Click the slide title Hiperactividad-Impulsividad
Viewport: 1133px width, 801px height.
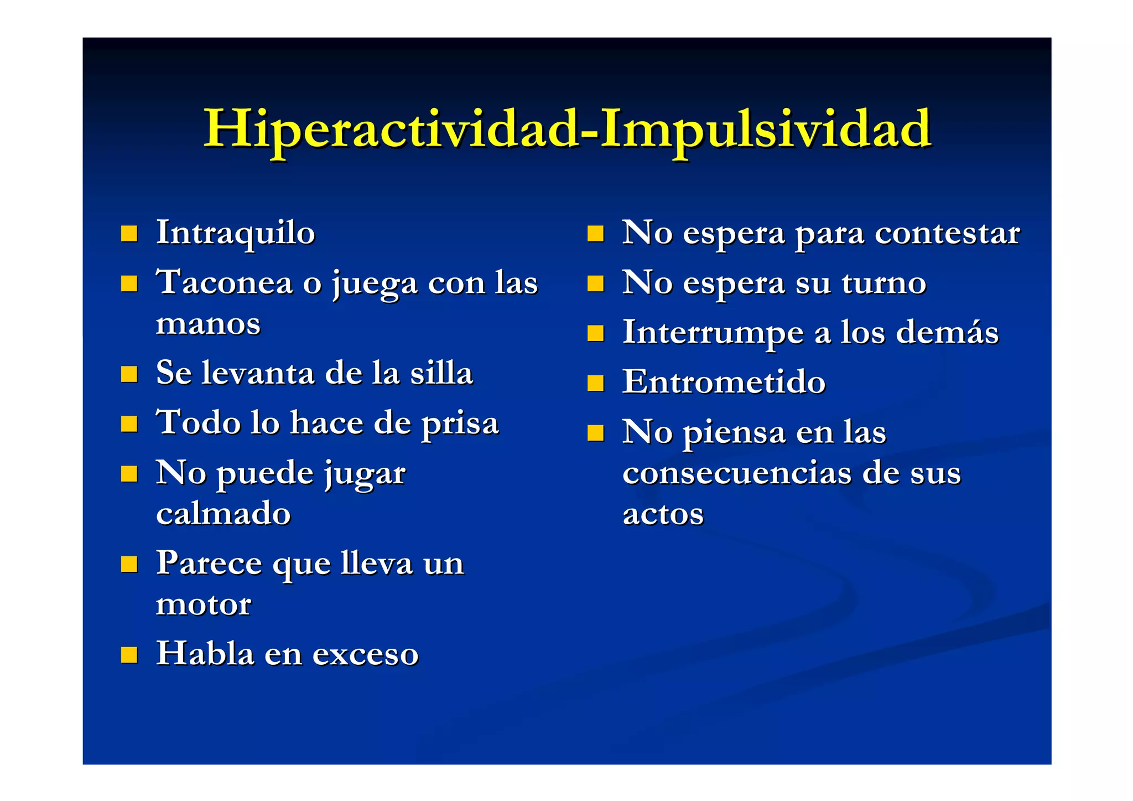[x=568, y=130]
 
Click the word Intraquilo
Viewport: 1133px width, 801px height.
[x=236, y=232]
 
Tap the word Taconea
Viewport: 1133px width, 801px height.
[x=224, y=282]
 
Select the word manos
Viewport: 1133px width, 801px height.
[x=208, y=324]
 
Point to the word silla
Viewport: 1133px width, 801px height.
[x=441, y=373]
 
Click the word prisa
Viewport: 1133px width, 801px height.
[x=460, y=423]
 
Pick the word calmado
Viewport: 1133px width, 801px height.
[x=224, y=514]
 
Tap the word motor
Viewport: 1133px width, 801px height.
[x=204, y=604]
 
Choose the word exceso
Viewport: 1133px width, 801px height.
[x=365, y=654]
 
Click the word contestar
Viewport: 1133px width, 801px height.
[x=947, y=233]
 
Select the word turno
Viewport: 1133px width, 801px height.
[x=883, y=283]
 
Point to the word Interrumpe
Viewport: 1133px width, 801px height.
[x=713, y=333]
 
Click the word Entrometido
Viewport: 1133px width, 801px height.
[x=724, y=382]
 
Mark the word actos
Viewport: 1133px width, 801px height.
[x=663, y=514]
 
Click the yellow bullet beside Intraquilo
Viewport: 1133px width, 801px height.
[x=129, y=234]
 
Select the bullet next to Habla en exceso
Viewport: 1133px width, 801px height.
[x=129, y=655]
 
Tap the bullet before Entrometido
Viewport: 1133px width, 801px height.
[x=595, y=383]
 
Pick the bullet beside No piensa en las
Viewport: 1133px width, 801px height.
[x=595, y=433]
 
